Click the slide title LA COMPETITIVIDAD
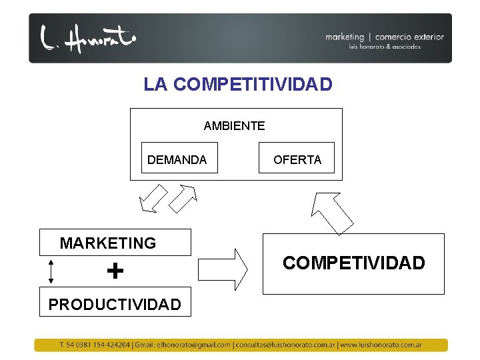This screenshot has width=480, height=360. click(237, 85)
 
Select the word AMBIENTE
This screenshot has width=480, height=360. click(234, 126)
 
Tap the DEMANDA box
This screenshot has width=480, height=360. click(179, 159)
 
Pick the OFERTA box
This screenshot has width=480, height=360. click(297, 159)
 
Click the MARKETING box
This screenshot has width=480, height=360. click(115, 243)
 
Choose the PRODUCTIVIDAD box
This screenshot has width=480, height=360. click(115, 304)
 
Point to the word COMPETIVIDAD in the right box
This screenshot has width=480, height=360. click(353, 263)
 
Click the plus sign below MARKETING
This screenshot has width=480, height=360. click(115, 271)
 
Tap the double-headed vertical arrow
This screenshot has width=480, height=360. click(52, 272)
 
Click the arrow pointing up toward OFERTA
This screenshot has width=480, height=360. click(331, 212)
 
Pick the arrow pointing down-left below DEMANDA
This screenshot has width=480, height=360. click(153, 198)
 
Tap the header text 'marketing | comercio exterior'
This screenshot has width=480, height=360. click(384, 37)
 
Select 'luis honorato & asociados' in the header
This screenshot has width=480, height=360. click(384, 47)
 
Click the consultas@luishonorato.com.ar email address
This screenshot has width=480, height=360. click(285, 345)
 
